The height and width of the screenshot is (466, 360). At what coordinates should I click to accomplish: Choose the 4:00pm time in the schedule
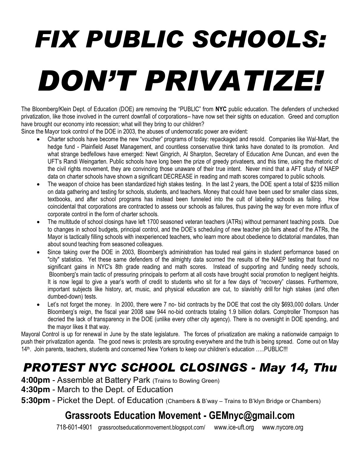click(35, 380)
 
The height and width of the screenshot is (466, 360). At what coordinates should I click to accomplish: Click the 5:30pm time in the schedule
click(35, 400)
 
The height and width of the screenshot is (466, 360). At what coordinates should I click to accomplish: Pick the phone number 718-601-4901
click(74, 427)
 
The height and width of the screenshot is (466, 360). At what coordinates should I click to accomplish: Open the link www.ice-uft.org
click(234, 427)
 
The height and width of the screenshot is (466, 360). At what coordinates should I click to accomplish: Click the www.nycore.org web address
click(282, 427)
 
